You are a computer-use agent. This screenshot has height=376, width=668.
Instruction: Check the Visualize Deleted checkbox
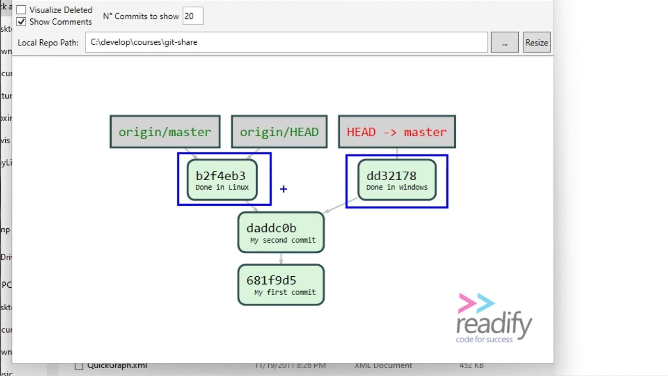(21, 10)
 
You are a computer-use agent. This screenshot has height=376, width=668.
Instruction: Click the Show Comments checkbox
(21, 22)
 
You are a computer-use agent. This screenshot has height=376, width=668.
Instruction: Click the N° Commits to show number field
(193, 16)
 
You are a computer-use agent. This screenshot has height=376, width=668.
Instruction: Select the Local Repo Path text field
(287, 42)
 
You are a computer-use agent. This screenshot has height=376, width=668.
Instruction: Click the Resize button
(536, 43)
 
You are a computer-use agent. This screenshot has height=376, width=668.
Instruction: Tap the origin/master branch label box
(165, 132)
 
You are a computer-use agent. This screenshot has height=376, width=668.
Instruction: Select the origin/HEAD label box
(279, 132)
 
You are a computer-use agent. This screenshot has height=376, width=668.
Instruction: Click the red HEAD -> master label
(397, 132)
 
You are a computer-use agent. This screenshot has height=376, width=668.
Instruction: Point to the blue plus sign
(283, 189)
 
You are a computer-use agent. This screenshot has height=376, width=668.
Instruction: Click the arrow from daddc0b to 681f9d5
(281, 258)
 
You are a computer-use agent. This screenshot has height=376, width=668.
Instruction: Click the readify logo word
(494, 324)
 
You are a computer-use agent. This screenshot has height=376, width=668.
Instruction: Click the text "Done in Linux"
(222, 187)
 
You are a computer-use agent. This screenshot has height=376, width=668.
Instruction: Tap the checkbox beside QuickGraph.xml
(79, 366)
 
